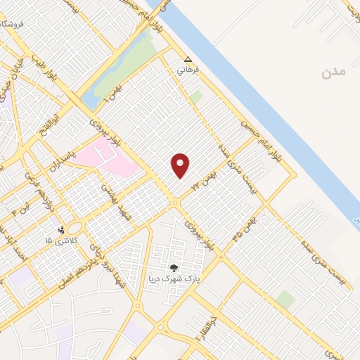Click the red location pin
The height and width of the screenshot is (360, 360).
(181, 166)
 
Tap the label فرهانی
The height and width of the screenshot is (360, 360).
(187, 71)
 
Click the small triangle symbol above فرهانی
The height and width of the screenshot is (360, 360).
(187, 60)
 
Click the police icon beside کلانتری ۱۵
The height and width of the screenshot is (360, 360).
(61, 230)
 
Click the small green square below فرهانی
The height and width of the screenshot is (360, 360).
(195, 96)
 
